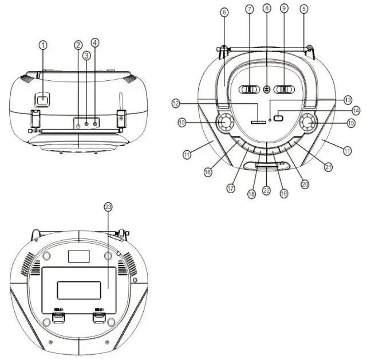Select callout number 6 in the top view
pyautogui.click(x=224, y=11)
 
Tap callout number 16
pyautogui.click(x=208, y=171)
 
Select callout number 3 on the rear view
pyautogui.click(x=86, y=56)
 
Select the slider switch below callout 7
pyautogui.click(x=249, y=89)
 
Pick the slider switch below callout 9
pyautogui.click(x=284, y=89)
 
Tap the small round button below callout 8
pyautogui.click(x=266, y=89)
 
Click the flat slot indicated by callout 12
pyautogui.click(x=258, y=122)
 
